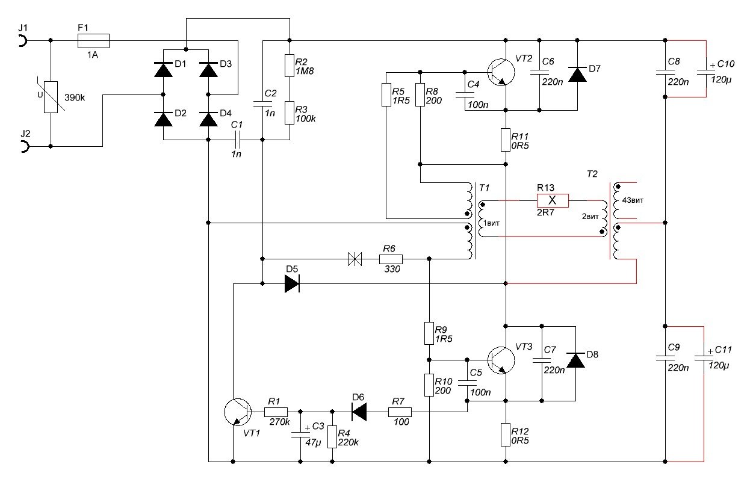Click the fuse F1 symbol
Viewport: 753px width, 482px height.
[x=93, y=40]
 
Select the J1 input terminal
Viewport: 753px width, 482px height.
[x=22, y=40]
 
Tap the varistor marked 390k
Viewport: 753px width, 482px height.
[x=51, y=97]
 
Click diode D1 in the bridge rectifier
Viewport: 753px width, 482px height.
[x=163, y=70]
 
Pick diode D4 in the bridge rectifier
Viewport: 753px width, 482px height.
[x=208, y=119]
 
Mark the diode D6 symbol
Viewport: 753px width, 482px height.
[x=359, y=412]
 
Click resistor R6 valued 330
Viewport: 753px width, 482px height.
[x=390, y=259]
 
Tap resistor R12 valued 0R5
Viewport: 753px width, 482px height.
[x=506, y=434]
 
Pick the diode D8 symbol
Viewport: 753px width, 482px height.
[x=577, y=360]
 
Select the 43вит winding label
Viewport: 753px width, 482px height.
[x=633, y=200]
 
